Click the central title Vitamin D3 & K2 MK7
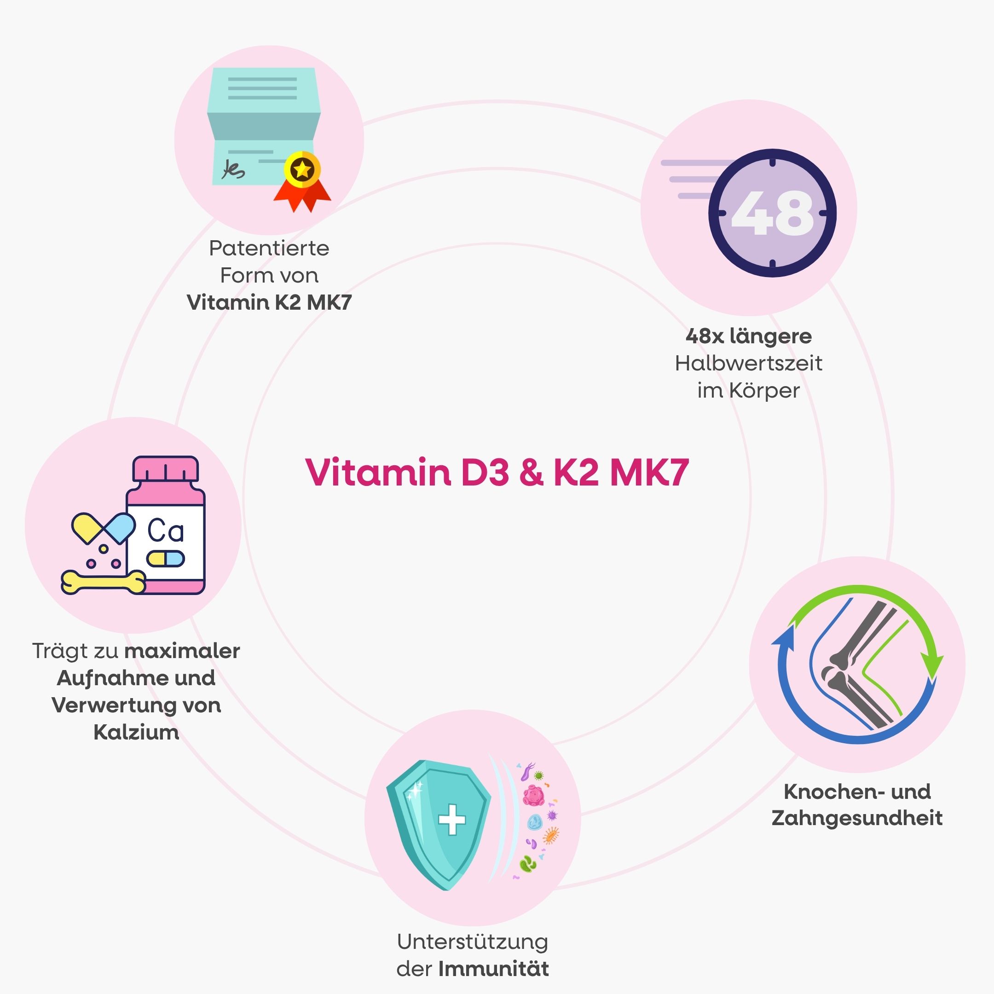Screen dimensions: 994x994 pos(497,472)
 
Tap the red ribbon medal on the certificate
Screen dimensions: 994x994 pos(302,182)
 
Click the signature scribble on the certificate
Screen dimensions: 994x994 pos(233,169)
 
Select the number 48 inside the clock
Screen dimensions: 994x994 pos(772,213)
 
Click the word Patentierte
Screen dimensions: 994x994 pos(269,248)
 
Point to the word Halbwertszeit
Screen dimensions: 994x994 pos(749,364)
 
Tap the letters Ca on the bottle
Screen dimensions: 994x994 pos(166,531)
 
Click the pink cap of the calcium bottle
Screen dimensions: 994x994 pos(166,469)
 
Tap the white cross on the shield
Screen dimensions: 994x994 pos(452,820)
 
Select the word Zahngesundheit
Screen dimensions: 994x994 pos(857,818)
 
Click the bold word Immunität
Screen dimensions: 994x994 pos(493,969)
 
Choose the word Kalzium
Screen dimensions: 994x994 pos(136,732)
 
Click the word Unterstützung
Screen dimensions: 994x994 pos(472,942)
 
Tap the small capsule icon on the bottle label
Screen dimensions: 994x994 pos(166,559)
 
